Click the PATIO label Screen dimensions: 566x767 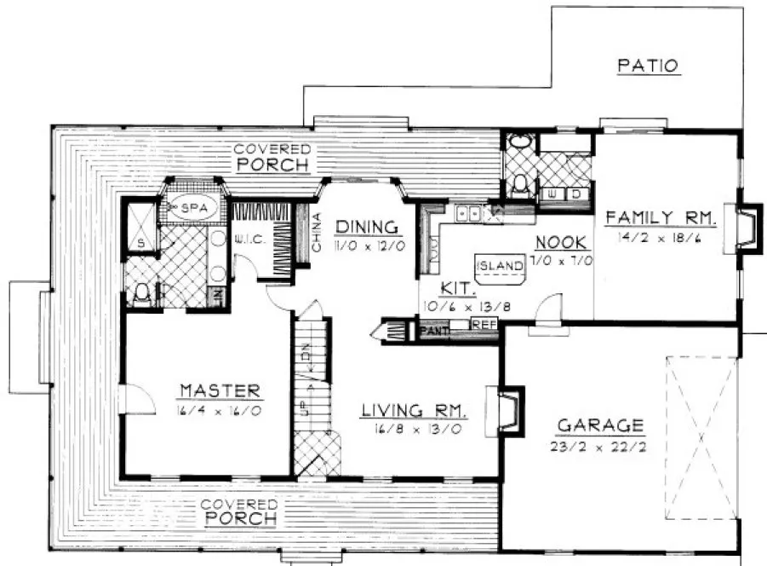tap(648, 66)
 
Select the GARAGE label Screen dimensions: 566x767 tap(600, 424)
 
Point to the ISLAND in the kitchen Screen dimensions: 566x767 tap(499, 266)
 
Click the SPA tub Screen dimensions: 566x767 tap(194, 207)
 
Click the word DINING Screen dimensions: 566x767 tap(367, 227)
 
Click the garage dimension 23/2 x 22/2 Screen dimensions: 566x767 tap(600, 447)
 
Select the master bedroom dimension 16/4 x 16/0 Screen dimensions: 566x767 tap(220, 412)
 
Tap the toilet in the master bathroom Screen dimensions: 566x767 tap(143, 294)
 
